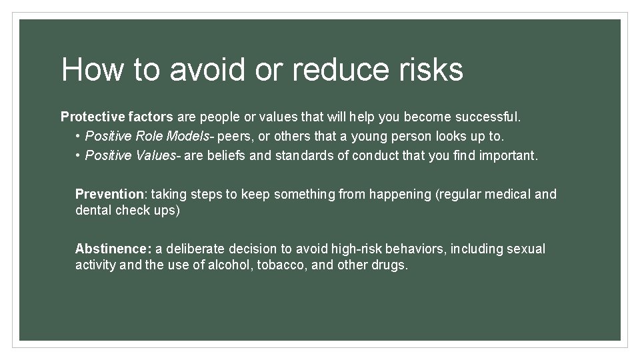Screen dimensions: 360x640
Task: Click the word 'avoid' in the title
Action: [x=207, y=69]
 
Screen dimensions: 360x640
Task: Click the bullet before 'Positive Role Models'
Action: [x=78, y=137]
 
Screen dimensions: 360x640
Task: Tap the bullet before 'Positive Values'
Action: [x=78, y=156]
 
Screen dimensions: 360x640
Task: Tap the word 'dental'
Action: [x=93, y=211]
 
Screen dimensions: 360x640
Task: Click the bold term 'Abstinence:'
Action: [x=113, y=249]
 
